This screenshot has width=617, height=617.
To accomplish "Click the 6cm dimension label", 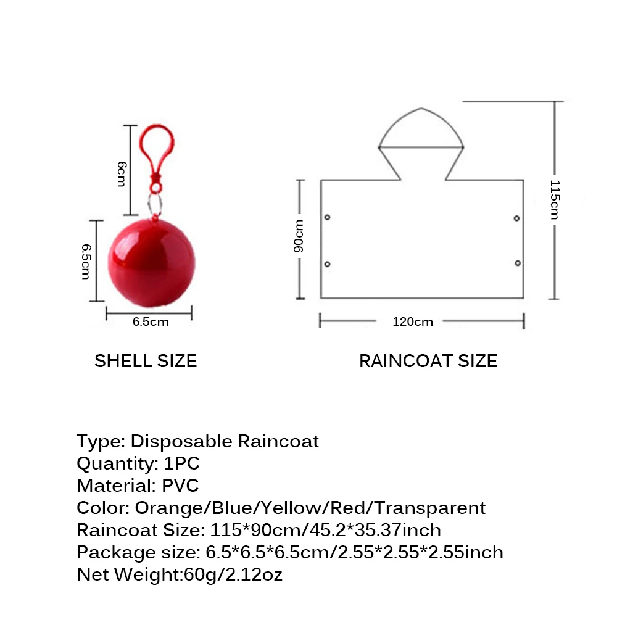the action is pos(122,173).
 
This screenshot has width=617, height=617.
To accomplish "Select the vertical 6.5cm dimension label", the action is pos(86,260).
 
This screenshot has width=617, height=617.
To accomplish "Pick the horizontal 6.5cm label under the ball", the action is pos(150,321).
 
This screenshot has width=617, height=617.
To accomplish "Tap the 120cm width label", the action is pos(413,321).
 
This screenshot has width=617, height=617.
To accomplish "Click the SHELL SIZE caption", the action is pos(146,361).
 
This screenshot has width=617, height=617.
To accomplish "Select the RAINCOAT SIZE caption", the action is pos(428,361).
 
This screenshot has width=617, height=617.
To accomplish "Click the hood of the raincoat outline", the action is pos(421,133).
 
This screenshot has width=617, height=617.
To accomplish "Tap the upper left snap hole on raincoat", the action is pos(327,217).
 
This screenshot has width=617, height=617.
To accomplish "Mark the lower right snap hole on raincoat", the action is pos(517,263).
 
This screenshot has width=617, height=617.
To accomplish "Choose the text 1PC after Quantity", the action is pos(182,463).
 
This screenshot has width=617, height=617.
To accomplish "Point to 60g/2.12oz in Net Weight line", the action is pos(233,574).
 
